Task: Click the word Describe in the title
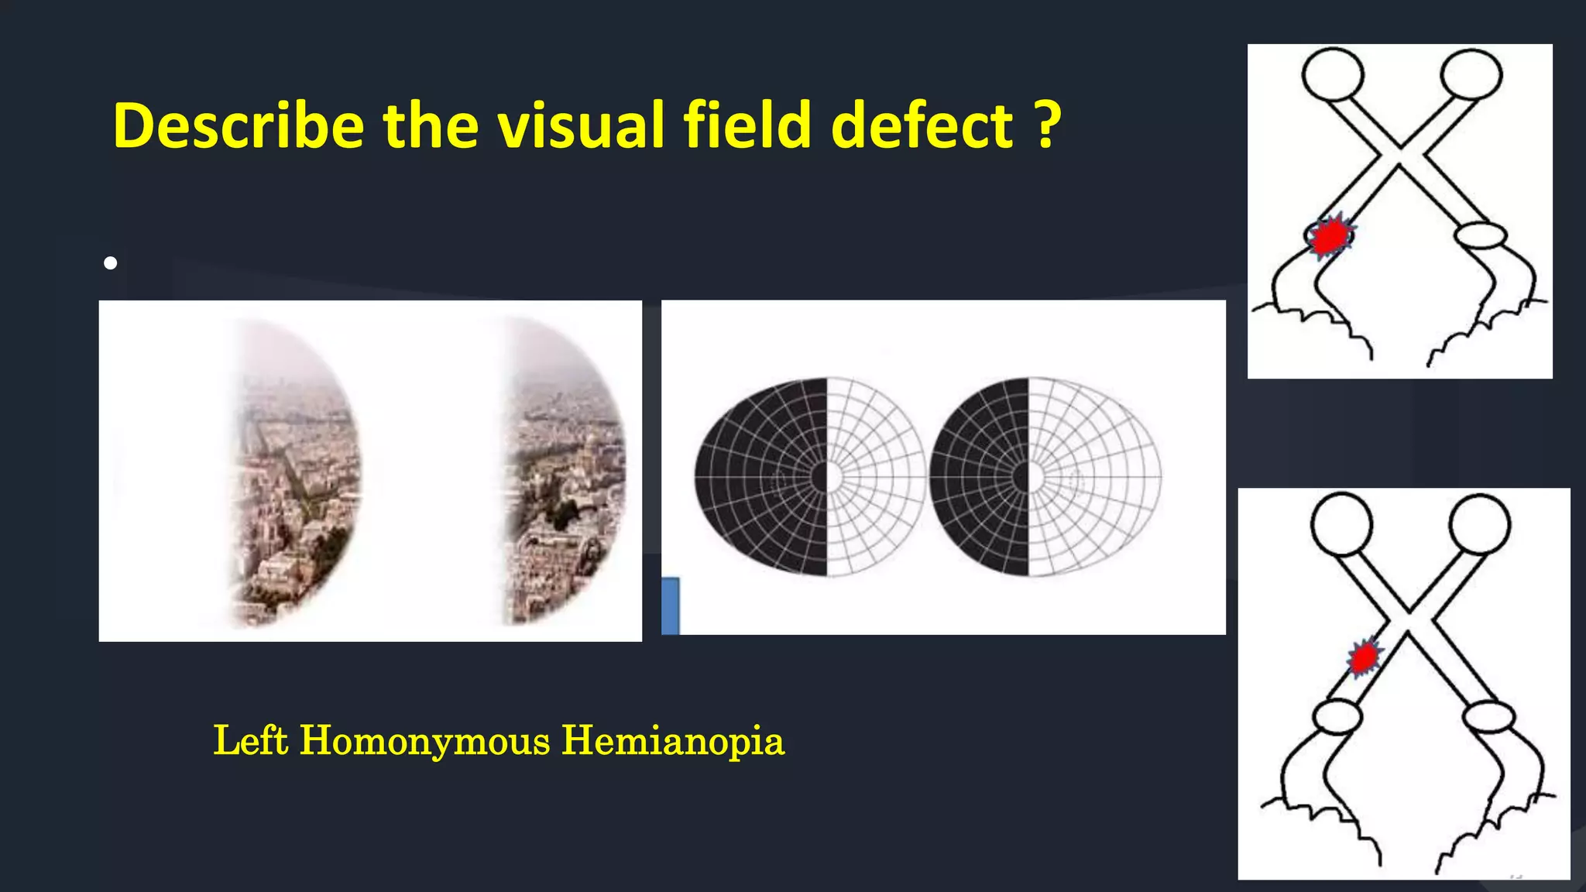[239, 125]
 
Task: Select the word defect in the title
[922, 125]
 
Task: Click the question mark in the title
[1046, 125]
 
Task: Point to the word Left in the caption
[251, 740]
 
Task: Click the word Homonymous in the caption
[425, 740]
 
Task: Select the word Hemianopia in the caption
[673, 740]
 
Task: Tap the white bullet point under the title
[111, 263]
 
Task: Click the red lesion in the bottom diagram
[1364, 657]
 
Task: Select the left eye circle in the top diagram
[1333, 74]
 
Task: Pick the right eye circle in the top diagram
[1471, 74]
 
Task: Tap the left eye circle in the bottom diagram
[1342, 523]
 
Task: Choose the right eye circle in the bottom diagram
[1479, 523]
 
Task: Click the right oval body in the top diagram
[1481, 235]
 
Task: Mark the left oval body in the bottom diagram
[1337, 717]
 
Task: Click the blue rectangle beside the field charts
[671, 606]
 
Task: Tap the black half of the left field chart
[763, 477]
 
